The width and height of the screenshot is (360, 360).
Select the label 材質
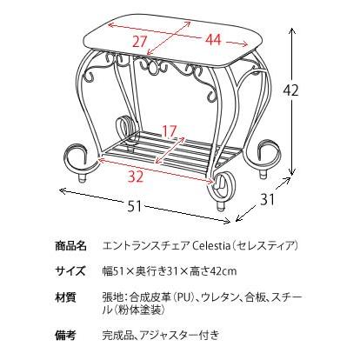click(66, 297)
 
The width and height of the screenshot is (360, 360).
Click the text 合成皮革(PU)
click(157, 297)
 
